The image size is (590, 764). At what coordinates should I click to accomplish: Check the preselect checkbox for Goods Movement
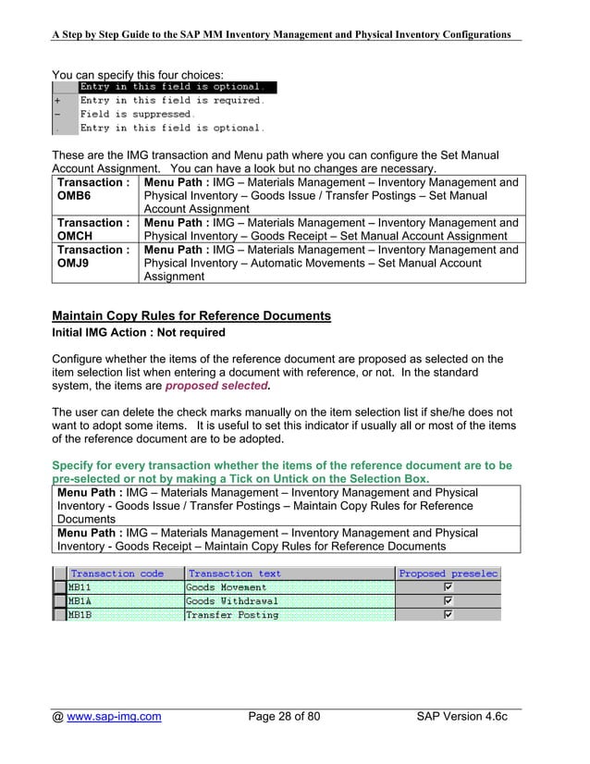click(449, 587)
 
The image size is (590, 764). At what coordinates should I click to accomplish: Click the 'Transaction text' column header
click(235, 573)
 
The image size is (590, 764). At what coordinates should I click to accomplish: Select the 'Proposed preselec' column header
click(449, 573)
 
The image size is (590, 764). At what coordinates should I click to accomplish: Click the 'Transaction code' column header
click(117, 573)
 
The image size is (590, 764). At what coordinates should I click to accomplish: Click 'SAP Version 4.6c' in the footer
click(462, 717)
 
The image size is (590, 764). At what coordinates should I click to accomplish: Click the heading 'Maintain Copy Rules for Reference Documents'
click(191, 316)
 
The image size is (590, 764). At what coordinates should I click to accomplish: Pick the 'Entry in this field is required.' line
click(172, 101)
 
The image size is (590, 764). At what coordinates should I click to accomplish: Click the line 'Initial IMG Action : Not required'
click(139, 333)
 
